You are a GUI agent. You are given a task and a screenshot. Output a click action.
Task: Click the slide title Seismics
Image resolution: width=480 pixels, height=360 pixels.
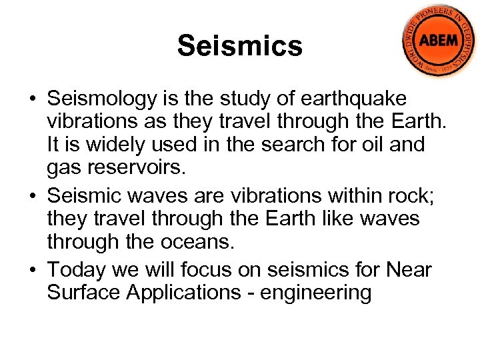pyautogui.click(x=240, y=47)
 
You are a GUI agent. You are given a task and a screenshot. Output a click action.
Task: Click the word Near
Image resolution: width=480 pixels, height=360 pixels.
pyautogui.click(x=407, y=270)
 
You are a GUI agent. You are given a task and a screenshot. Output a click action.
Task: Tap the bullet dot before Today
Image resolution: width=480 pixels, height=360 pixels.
pyautogui.click(x=32, y=271)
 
